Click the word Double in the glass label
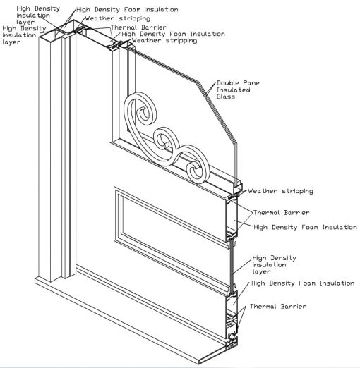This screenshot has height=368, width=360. [227, 82]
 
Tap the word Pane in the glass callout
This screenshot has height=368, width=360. [248, 82]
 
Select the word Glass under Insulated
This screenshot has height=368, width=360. [225, 97]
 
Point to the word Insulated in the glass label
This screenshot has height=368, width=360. [232, 90]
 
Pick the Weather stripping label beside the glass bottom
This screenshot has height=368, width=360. [280, 191]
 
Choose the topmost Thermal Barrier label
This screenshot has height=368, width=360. [130, 27]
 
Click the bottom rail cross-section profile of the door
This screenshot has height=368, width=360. [230, 318]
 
